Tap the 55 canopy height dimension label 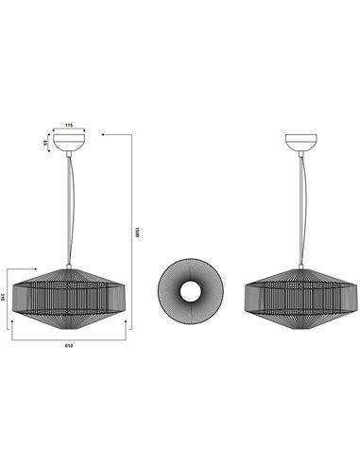43,143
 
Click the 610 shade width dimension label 69,345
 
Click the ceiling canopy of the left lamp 68,143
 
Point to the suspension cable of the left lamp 68,208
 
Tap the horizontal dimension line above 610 69,336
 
